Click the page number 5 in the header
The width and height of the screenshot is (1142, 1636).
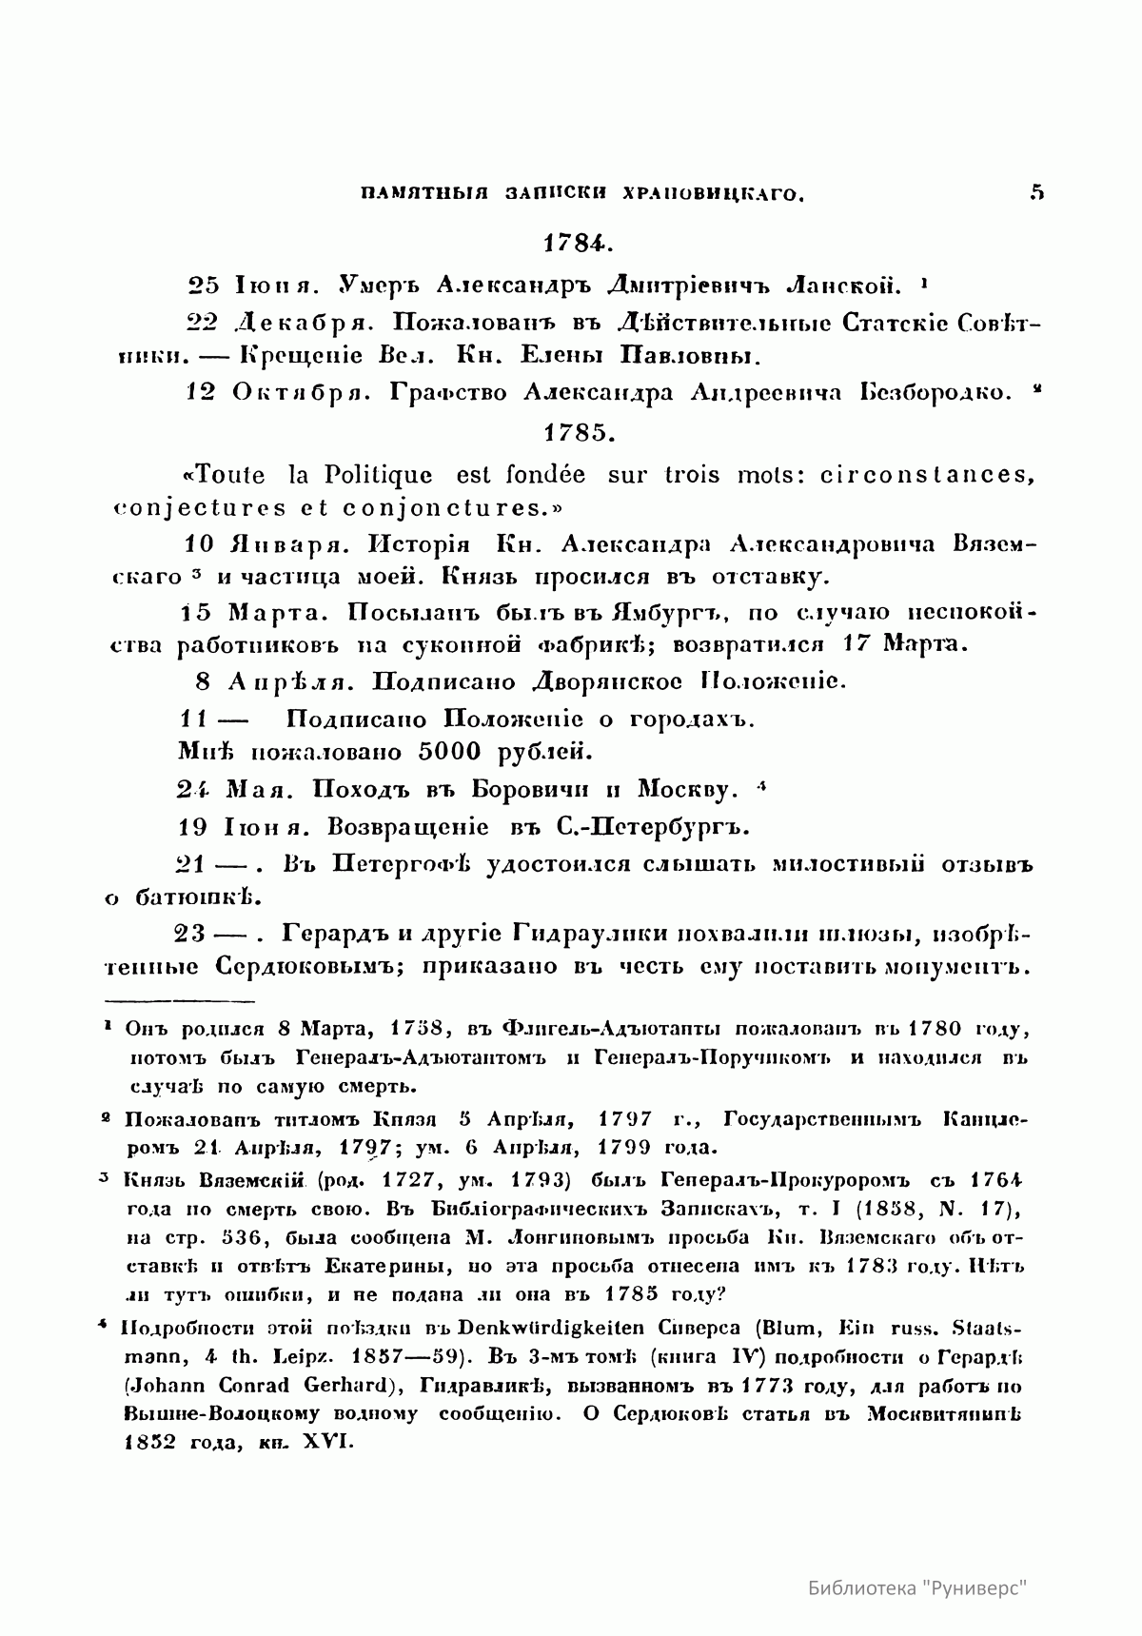(x=1036, y=192)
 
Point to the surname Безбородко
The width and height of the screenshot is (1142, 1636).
(x=937, y=393)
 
